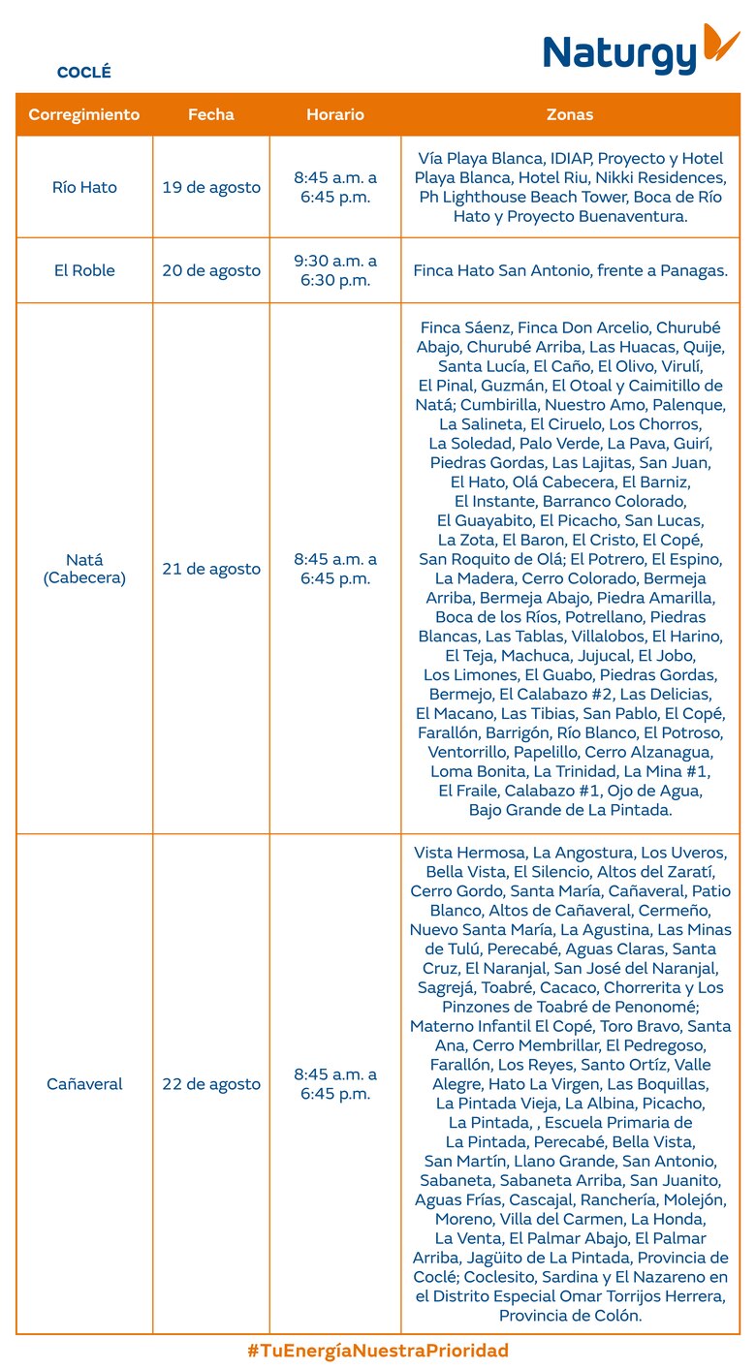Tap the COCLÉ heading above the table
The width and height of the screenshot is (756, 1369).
point(84,73)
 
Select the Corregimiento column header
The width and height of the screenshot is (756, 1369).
point(84,114)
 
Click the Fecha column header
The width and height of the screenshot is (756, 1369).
point(211,114)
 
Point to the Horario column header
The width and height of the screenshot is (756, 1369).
point(335,114)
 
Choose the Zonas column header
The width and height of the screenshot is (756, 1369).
point(570,114)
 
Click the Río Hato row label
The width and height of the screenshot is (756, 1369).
point(84,187)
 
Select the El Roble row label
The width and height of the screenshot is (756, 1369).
point(84,270)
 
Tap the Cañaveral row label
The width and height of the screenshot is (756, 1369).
point(84,1084)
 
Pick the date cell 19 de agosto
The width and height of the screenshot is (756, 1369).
point(211,187)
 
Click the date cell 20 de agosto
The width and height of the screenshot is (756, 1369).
point(211,270)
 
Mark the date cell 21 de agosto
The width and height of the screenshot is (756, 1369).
point(211,569)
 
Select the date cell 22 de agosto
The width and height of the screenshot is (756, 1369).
point(211,1084)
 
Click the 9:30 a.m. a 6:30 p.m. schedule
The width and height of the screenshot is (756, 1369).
point(335,270)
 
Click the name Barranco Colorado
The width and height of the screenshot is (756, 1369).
point(614,501)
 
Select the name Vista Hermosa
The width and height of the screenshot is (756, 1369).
point(469,853)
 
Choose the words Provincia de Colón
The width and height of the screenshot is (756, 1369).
point(570,1315)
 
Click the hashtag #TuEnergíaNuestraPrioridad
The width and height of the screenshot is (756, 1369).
point(378,1351)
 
